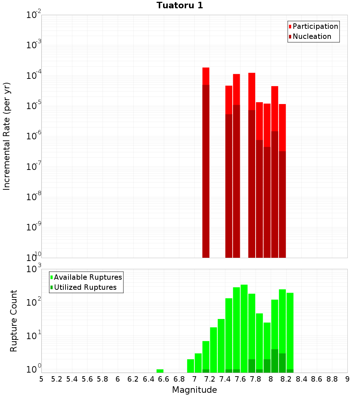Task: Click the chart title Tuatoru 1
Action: click(x=180, y=5)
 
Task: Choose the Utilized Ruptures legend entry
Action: click(x=85, y=288)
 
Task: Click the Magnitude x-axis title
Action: click(x=194, y=390)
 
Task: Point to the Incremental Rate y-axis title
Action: click(x=7, y=136)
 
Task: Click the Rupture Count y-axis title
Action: click(x=13, y=320)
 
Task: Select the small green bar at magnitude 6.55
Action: click(x=160, y=371)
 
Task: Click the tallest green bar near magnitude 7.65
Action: click(x=244, y=328)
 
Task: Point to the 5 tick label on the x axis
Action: click(x=41, y=379)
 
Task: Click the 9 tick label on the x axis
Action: click(x=347, y=379)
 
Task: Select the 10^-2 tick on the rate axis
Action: click(x=34, y=15)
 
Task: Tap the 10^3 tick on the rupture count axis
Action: click(x=34, y=269)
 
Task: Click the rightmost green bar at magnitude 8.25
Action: click(x=290, y=331)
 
